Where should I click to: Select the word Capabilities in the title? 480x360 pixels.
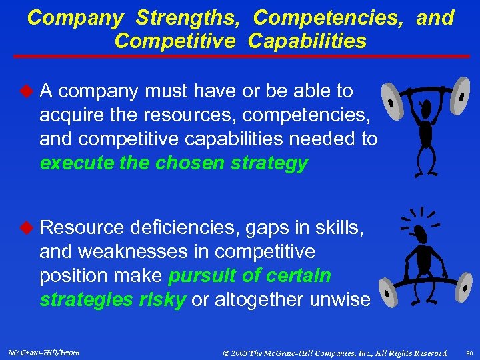[307, 41]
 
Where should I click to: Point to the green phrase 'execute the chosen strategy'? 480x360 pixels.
[174, 163]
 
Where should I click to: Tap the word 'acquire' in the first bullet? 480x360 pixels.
[71, 115]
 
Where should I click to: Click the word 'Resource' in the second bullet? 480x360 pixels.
[82, 228]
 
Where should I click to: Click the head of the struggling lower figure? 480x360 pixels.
[419, 233]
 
